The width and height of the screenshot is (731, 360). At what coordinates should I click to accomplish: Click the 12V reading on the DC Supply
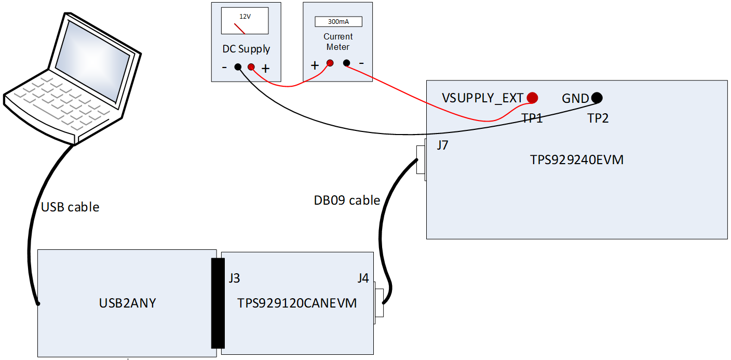coord(245,17)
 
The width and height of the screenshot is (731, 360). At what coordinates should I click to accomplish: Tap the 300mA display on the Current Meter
coord(338,22)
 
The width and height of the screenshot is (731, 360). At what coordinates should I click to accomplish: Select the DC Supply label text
coord(246,49)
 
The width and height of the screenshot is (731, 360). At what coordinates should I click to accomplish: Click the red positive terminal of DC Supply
coord(251,66)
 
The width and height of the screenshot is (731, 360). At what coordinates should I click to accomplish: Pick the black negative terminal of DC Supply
coord(238,66)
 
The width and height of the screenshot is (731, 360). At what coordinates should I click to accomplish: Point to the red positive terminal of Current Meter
coord(329,63)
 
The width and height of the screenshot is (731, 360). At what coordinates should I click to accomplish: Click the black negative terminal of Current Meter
coord(346,63)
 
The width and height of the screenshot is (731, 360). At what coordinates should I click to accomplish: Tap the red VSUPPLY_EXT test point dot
coord(532,97)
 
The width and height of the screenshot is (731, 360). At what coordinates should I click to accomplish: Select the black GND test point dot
coord(597,97)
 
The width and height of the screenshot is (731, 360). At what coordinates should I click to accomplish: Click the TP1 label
coord(532,118)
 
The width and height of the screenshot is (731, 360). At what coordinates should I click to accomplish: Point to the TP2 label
coord(598,118)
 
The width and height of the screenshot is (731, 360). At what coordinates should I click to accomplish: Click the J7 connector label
coord(442,145)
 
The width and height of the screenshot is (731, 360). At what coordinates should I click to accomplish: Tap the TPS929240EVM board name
coord(576,160)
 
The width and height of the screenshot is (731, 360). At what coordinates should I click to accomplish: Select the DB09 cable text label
coord(347,200)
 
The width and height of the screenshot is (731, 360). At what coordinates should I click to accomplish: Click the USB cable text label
coord(70,207)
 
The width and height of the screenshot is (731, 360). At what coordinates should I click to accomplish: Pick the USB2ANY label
coord(127,303)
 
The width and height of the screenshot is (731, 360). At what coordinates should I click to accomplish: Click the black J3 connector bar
coord(218,303)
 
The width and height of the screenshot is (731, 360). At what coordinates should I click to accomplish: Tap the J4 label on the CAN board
coord(363,278)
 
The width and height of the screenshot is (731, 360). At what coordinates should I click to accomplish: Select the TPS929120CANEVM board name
coord(297,303)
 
